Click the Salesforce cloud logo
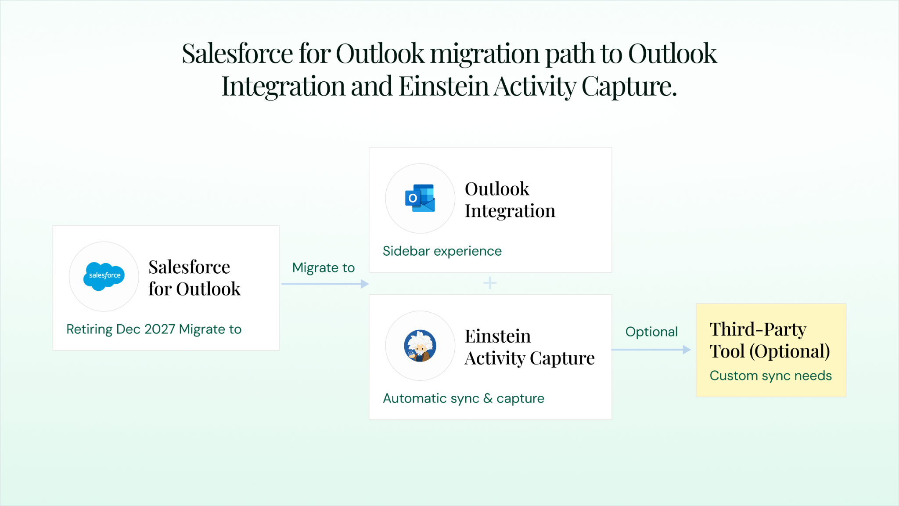[104, 276]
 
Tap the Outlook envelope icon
[421, 198]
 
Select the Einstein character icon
[420, 346]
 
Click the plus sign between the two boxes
[490, 283]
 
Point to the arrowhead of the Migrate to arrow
[365, 284]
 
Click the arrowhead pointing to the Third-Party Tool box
[687, 350]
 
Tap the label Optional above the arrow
[651, 332]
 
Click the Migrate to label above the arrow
[324, 267]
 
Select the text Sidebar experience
[442, 251]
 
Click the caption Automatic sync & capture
[464, 398]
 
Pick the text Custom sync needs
[770, 376]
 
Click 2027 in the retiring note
[160, 329]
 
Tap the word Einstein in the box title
[498, 336]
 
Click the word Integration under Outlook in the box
[510, 211]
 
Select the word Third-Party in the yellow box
[758, 329]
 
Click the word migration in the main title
[485, 54]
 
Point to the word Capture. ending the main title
[629, 87]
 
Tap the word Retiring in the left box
[90, 329]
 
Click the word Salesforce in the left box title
[189, 267]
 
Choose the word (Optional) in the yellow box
[789, 351]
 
